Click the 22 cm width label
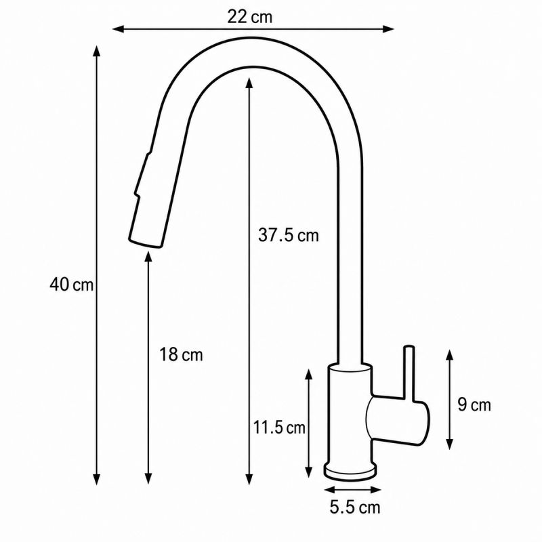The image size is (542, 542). (x=249, y=17)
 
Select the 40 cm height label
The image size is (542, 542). (x=72, y=285)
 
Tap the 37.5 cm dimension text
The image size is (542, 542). (x=289, y=235)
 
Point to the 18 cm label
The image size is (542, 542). (x=181, y=354)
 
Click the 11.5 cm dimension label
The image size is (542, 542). (x=279, y=428)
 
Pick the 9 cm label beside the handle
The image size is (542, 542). (x=474, y=404)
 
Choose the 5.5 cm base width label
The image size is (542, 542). (x=354, y=507)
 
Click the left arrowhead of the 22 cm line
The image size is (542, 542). (x=118, y=29)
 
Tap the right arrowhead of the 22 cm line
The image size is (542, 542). (x=388, y=29)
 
